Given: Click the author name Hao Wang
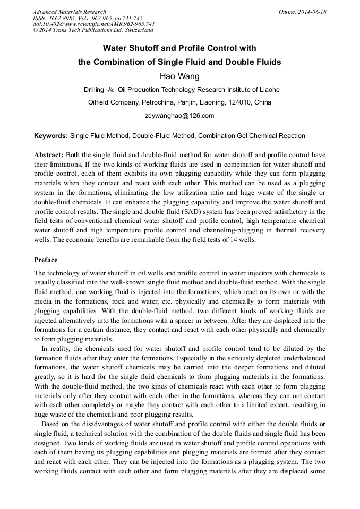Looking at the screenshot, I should (x=179, y=76).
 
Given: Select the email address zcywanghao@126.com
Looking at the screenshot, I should (x=179, y=115).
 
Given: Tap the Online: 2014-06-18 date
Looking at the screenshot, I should (x=302, y=12).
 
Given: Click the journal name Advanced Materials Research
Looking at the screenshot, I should (x=69, y=12).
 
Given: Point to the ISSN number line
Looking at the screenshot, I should (x=88, y=18).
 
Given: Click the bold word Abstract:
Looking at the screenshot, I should (x=49, y=154).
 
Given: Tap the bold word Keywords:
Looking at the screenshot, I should (x=51, y=135).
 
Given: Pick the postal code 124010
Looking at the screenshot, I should (x=239, y=102).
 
